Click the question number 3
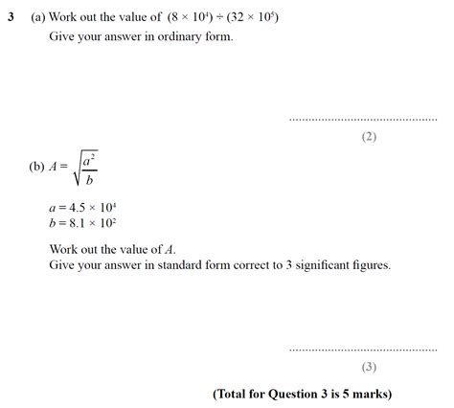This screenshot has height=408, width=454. pyautogui.click(x=9, y=17)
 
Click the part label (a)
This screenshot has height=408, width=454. pyautogui.click(x=38, y=17)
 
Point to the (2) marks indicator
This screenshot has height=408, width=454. pyautogui.click(x=369, y=137)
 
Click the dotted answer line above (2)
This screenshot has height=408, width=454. pyautogui.click(x=362, y=120)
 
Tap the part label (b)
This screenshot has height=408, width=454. pyautogui.click(x=38, y=166)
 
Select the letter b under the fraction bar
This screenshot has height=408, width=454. pyautogui.click(x=88, y=179)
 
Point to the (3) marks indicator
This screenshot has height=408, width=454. pyautogui.click(x=369, y=367)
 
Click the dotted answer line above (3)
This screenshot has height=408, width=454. pyautogui.click(x=362, y=350)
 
